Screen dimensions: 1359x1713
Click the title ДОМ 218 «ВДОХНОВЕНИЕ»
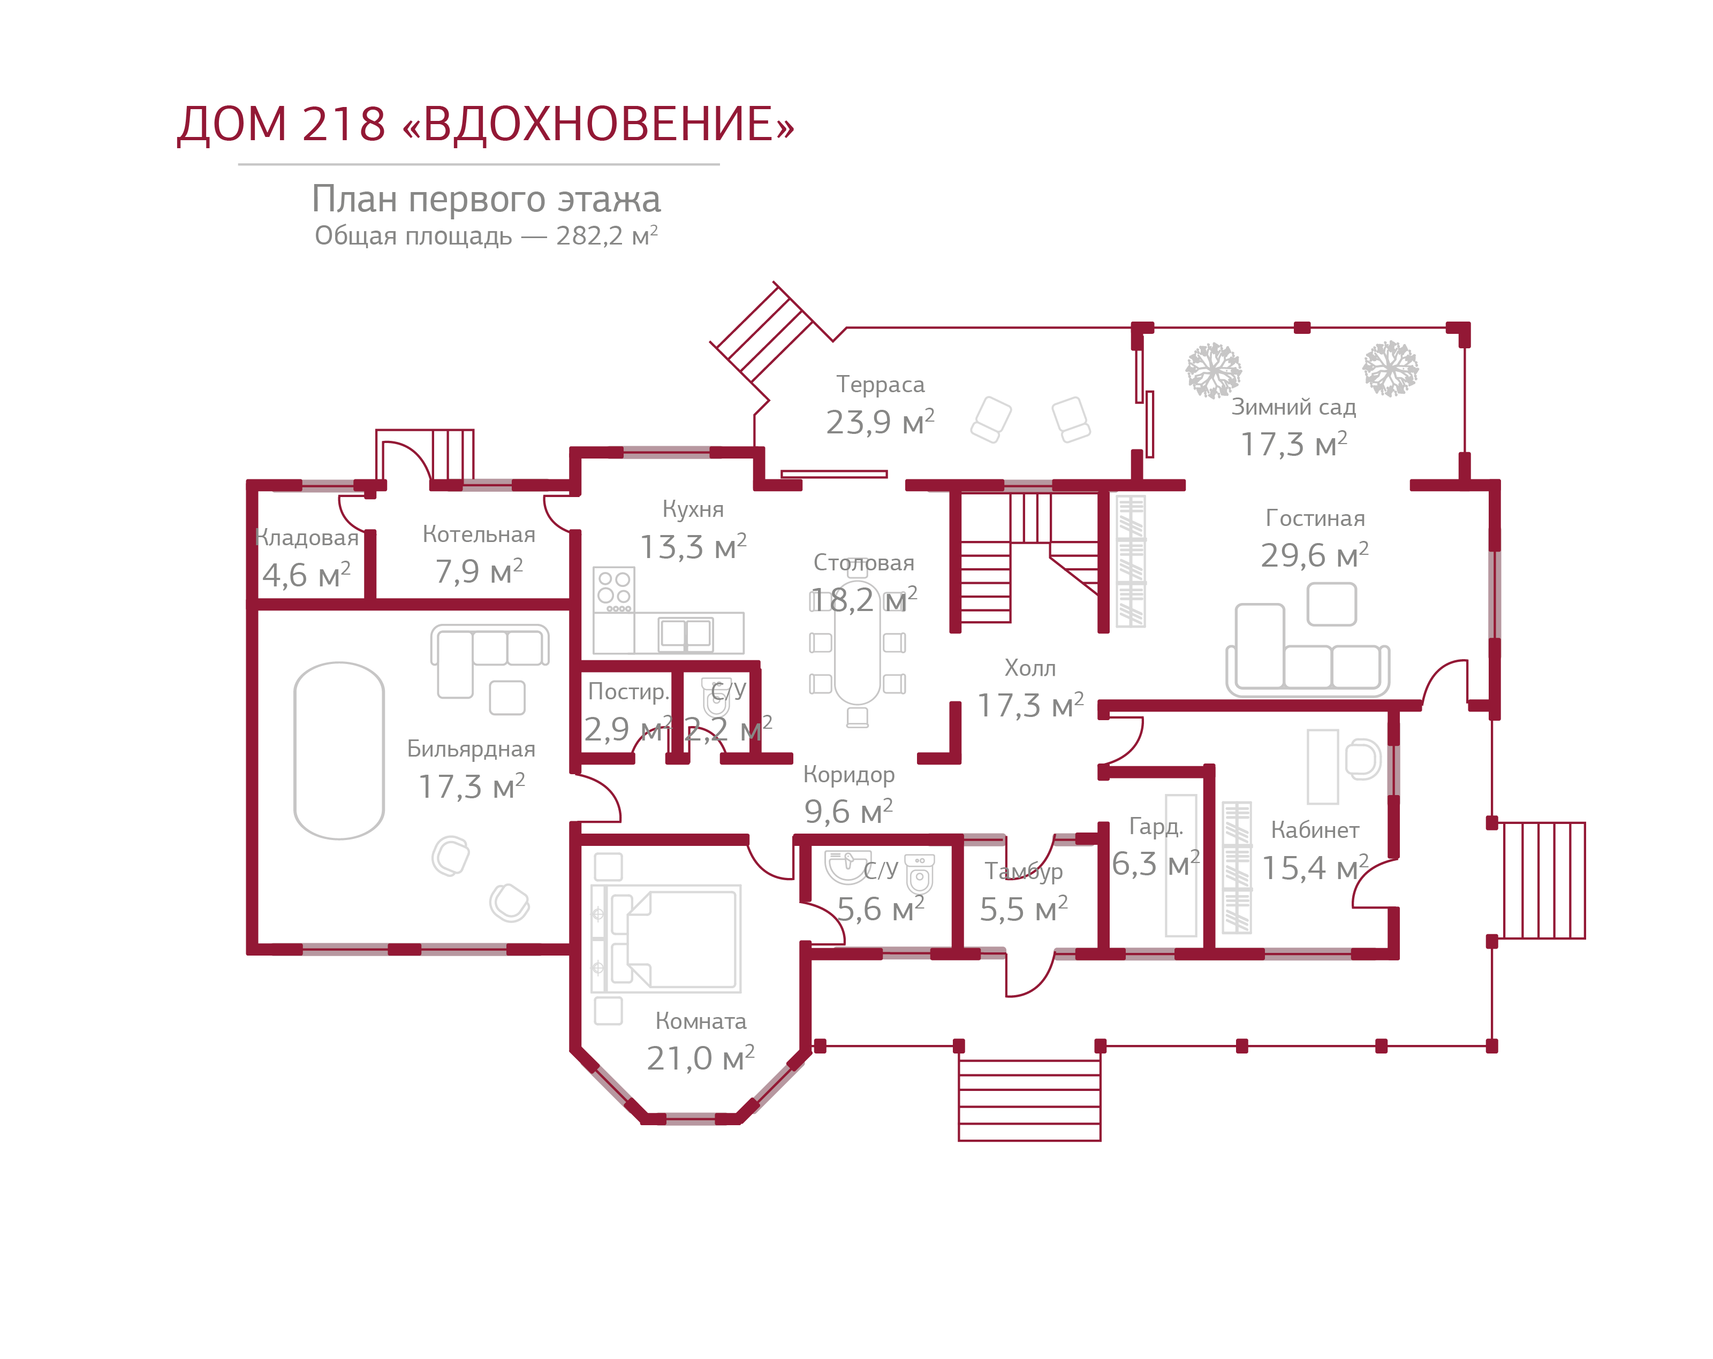484,125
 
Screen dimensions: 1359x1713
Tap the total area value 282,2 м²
606,236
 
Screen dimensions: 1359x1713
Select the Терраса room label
880,385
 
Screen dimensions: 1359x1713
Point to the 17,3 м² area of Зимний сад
1293,444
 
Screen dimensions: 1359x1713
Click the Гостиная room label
1315,518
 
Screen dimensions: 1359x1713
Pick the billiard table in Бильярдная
339,751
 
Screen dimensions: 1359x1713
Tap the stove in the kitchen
614,589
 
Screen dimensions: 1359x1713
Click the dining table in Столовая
857,651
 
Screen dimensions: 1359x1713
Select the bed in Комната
676,939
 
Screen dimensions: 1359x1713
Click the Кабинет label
1314,830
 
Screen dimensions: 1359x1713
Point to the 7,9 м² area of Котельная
479,571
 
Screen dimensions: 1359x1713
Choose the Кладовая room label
307,538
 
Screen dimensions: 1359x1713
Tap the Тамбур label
1024,872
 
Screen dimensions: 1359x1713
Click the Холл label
1030,668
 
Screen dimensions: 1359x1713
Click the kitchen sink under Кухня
686,633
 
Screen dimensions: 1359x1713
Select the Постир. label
628,692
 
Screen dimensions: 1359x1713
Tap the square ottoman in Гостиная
1332,605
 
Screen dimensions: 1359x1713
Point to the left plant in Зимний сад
1213,370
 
